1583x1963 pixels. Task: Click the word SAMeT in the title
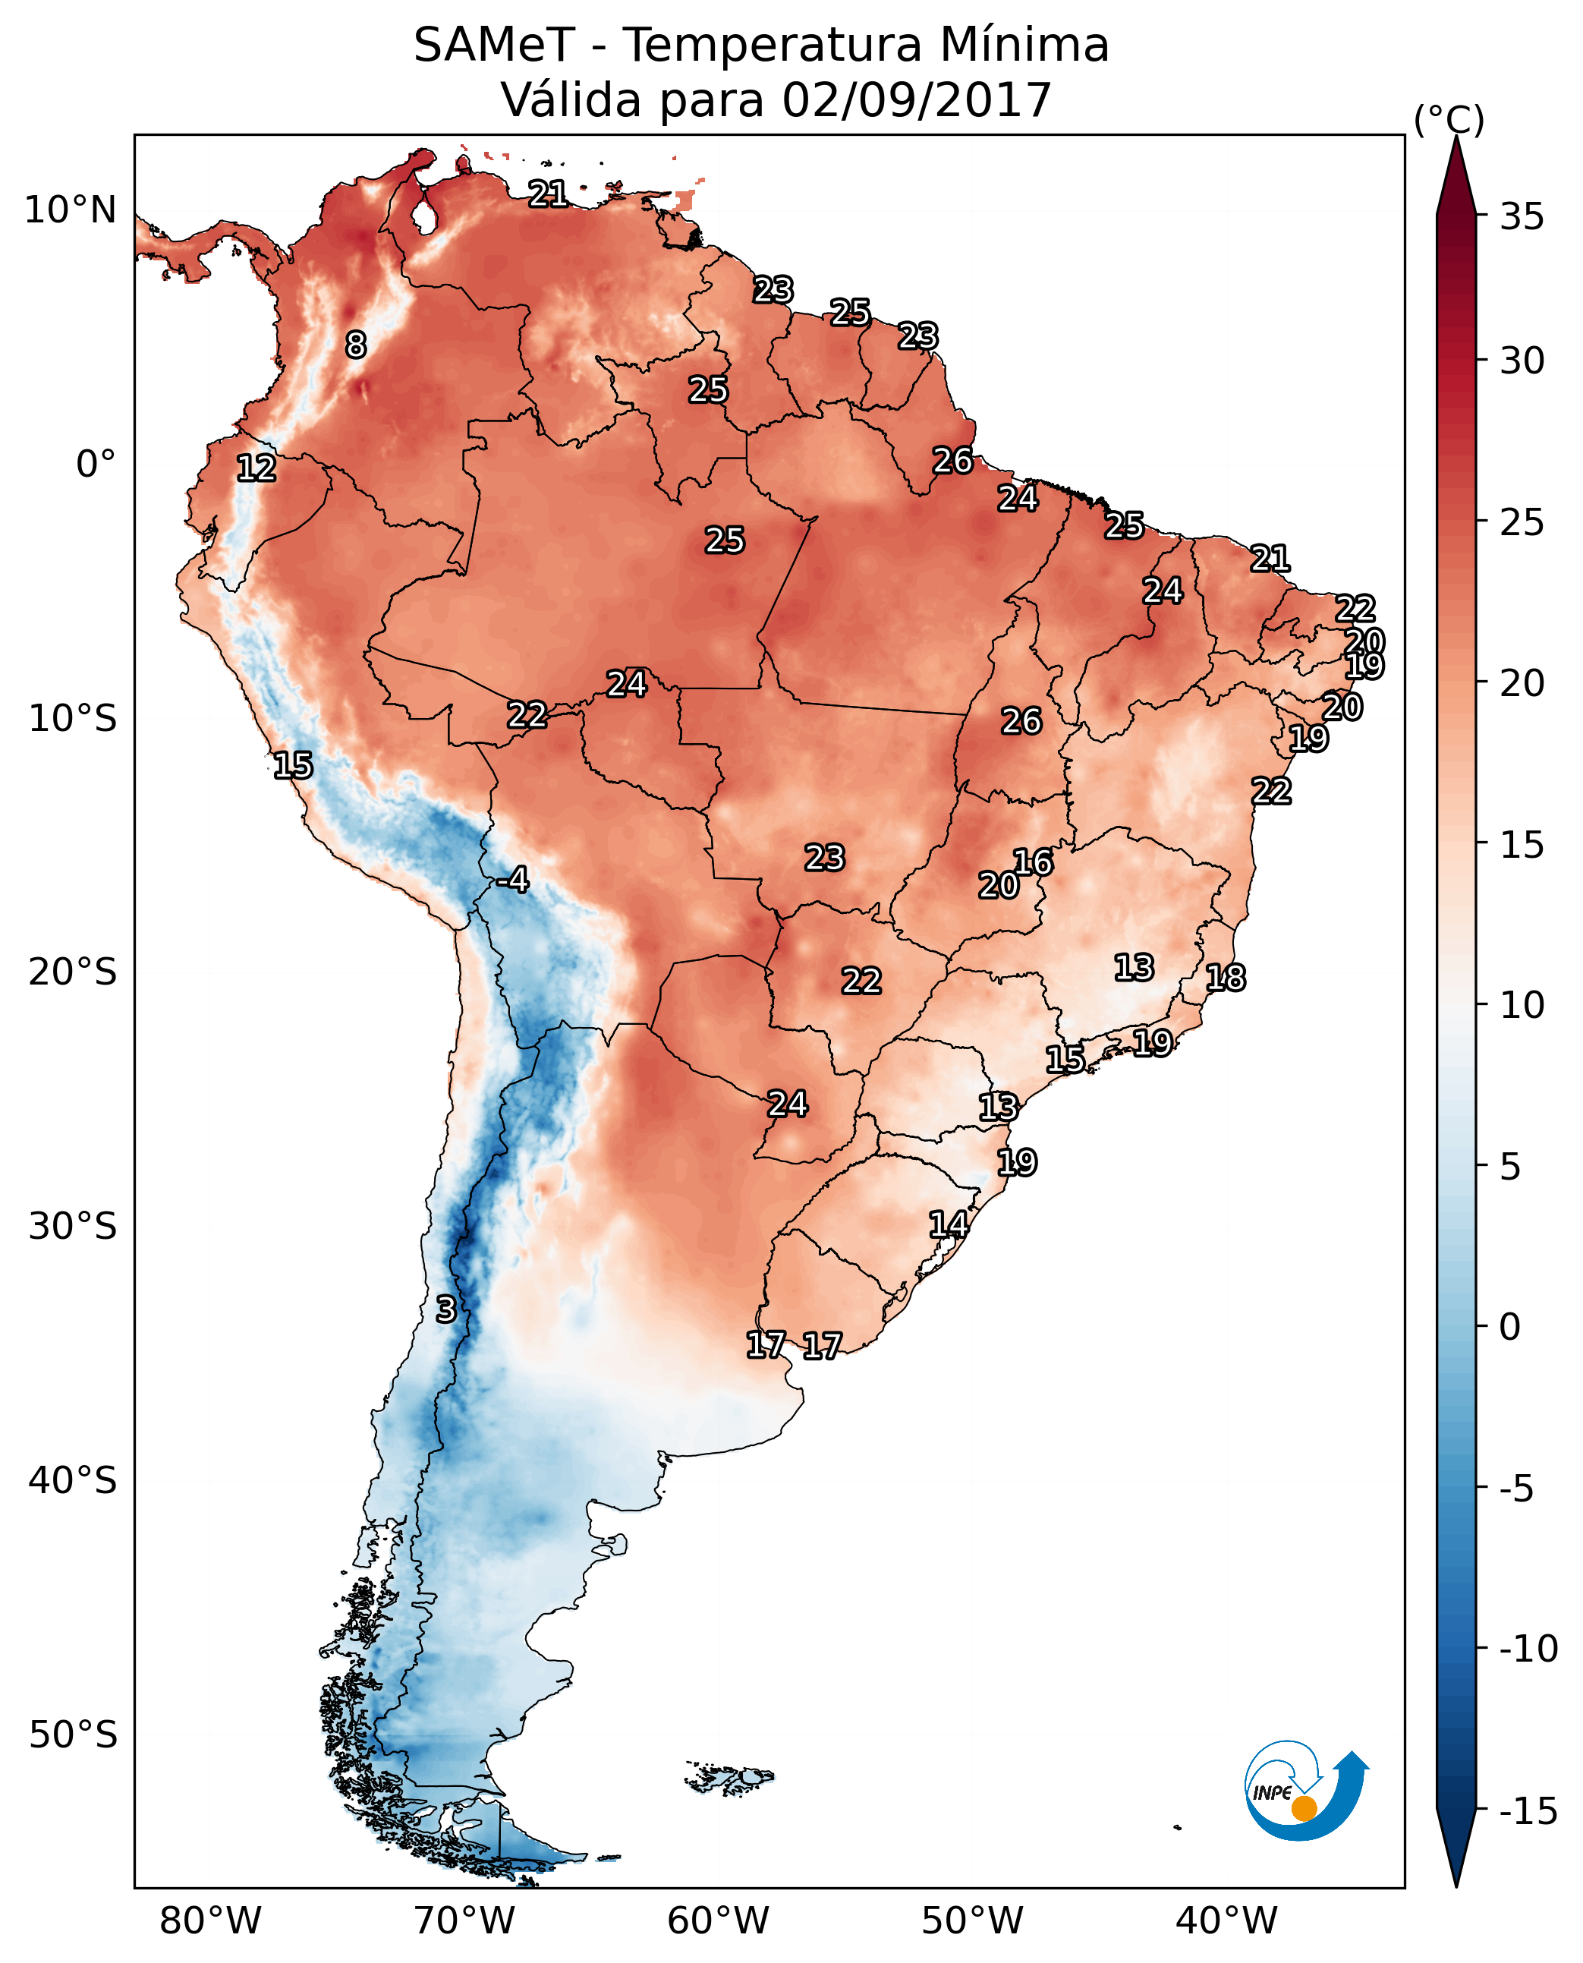point(493,46)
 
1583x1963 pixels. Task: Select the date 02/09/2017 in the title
point(917,100)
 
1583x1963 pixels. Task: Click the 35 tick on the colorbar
point(1522,217)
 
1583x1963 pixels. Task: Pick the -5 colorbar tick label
point(1522,1489)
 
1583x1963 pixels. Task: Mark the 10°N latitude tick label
point(71,211)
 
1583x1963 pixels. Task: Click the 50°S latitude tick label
point(73,1734)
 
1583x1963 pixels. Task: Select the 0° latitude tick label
point(96,465)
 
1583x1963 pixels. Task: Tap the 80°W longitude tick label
point(211,1920)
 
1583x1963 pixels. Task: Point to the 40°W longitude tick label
point(1226,1920)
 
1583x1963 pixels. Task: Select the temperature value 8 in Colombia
point(356,345)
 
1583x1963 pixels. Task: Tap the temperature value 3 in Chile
point(445,1309)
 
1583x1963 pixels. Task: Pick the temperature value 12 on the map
point(256,468)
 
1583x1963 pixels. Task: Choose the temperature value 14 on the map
point(949,1224)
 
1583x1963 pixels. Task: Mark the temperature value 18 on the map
point(1226,978)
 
